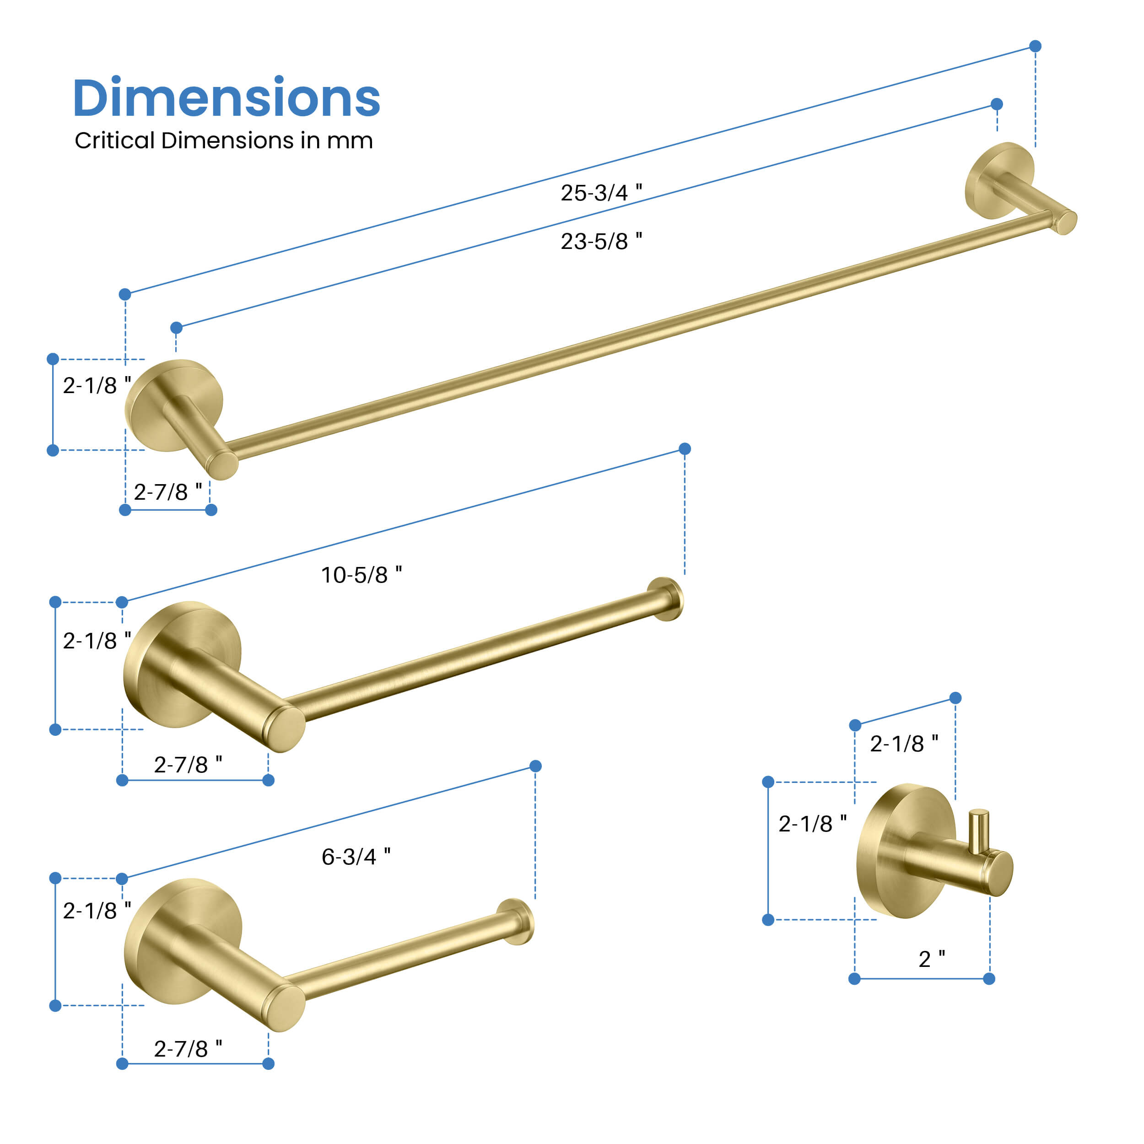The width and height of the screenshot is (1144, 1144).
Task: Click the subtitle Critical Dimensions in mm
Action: click(x=224, y=141)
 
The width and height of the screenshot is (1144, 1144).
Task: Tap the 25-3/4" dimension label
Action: click(x=601, y=193)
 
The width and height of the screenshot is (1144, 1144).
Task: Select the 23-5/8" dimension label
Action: click(x=601, y=241)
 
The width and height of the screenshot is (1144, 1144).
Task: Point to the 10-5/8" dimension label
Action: click(x=361, y=574)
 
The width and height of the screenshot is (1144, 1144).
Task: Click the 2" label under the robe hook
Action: click(x=931, y=959)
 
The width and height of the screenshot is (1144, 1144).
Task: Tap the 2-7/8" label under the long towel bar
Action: click(x=167, y=491)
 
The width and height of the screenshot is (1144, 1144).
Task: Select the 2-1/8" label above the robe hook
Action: click(x=904, y=743)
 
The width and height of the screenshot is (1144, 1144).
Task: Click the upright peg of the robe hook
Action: click(x=978, y=832)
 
